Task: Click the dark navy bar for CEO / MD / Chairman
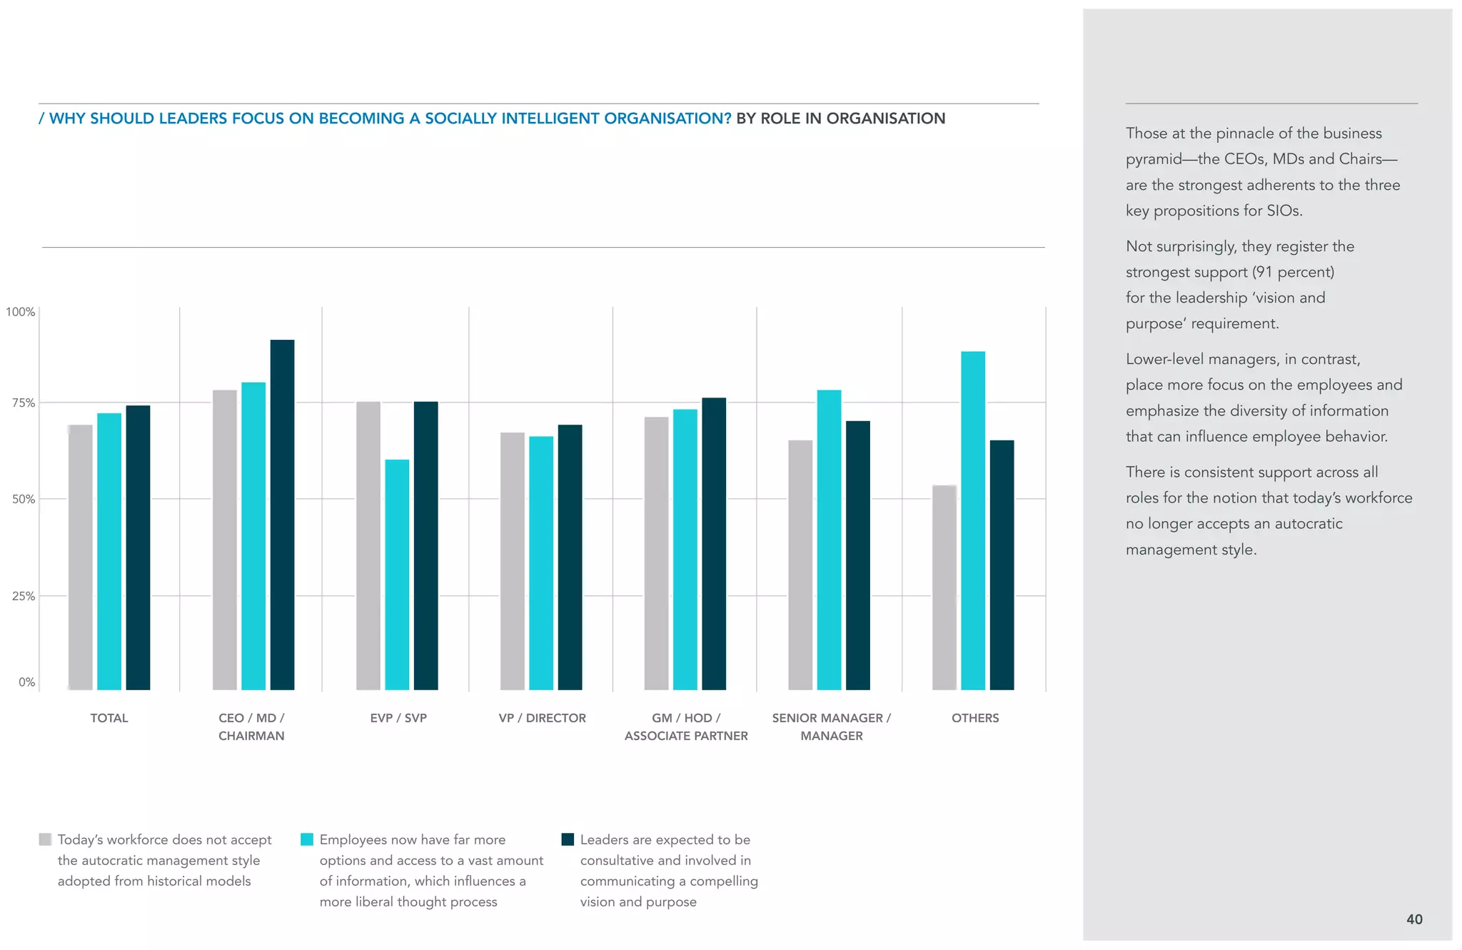[x=282, y=514]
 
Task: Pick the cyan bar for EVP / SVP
[x=397, y=574]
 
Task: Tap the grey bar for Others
[x=944, y=587]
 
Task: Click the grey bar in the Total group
[x=81, y=557]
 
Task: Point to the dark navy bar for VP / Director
[x=570, y=557]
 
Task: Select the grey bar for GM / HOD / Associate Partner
[x=656, y=552]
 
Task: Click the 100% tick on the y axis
[x=21, y=312]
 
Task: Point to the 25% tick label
[x=24, y=596]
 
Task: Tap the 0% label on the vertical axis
[x=26, y=682]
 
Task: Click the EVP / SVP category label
[x=398, y=718]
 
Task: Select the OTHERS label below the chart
[x=974, y=718]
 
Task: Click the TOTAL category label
[x=109, y=718]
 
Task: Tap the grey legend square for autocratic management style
[x=45, y=839]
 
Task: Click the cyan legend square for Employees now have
[x=307, y=839]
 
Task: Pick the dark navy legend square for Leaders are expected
[x=568, y=839]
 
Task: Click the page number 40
[x=1413, y=919]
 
